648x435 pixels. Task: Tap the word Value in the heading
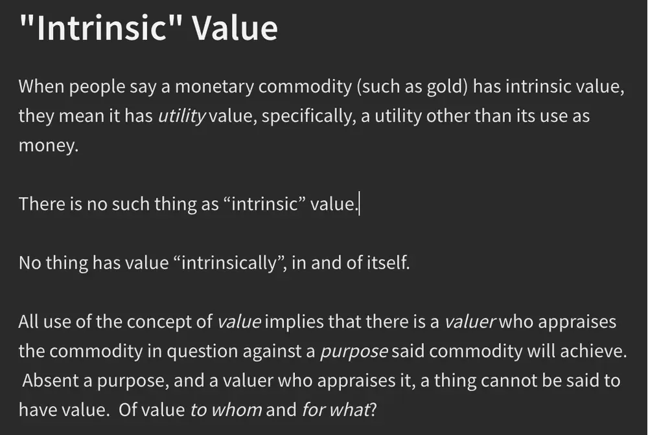[x=235, y=27]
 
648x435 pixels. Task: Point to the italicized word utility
[x=182, y=117]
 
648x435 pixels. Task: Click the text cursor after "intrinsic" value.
[x=360, y=204]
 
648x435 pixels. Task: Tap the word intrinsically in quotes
[x=229, y=263]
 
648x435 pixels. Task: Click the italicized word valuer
[x=469, y=322]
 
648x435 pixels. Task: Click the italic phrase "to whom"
[x=226, y=410]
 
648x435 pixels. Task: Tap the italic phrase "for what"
[x=335, y=410]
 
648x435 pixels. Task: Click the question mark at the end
[x=373, y=410]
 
